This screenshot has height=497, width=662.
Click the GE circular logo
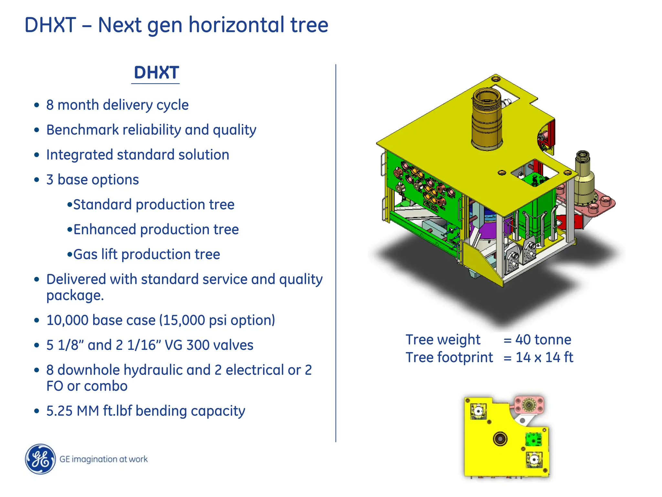[40, 459]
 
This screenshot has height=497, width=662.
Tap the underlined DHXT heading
[156, 73]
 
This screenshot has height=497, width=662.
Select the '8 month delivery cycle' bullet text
[117, 105]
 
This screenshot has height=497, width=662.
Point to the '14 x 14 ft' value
[544, 358]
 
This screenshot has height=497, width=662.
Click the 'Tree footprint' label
[449, 358]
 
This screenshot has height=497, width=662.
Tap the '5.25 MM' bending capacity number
[72, 411]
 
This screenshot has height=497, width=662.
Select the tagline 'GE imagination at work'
[103, 459]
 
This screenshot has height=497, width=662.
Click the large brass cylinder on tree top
[487, 120]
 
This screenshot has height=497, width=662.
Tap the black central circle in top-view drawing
[500, 439]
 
